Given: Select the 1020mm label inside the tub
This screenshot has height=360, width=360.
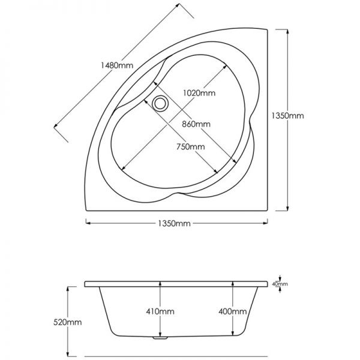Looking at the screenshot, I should tap(199, 93).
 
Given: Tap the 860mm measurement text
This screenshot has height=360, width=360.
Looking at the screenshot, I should tap(195, 124).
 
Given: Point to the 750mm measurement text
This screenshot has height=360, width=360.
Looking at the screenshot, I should tap(190, 147).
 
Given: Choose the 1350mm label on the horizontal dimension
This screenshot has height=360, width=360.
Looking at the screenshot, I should tap(175, 223).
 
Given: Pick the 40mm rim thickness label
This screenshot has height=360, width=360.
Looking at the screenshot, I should tap(280, 284).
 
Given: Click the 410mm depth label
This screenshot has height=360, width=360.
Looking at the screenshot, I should tap(160, 312).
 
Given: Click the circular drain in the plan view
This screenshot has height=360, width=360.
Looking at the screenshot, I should tap(160, 104).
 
